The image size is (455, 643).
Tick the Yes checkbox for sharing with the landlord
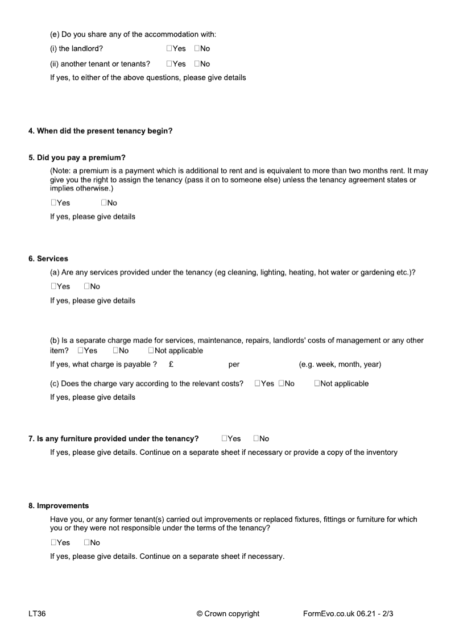169,49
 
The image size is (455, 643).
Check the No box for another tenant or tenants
197,64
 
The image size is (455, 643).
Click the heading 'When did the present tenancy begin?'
101,131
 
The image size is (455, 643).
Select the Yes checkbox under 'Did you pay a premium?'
53,203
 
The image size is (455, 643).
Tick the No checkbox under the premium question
104,203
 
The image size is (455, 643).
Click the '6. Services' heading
48,259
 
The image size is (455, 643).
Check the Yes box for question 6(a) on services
53,287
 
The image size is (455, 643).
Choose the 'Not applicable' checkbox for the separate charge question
151,351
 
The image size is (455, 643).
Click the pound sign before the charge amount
171,364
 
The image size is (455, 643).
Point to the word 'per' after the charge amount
234,364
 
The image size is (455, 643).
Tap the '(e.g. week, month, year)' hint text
340,364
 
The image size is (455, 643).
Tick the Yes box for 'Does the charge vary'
258,384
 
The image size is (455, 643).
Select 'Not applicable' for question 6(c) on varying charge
317,384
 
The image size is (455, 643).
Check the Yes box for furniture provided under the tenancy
225,438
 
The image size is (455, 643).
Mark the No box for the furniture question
257,438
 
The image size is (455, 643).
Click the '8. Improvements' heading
59,505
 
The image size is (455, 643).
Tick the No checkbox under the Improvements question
87,542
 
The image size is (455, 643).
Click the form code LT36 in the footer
37,613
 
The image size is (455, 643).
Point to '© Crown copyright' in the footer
227,613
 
